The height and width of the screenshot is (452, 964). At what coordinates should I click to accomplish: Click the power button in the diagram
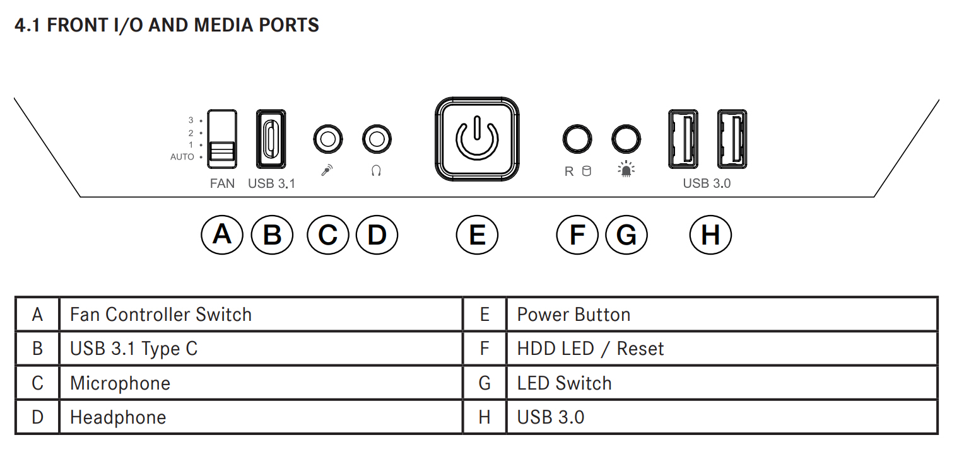477,139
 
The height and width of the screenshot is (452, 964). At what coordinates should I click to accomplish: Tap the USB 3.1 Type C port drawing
271,139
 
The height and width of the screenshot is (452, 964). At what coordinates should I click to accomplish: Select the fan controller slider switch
221,139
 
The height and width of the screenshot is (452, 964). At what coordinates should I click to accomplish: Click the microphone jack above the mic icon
328,139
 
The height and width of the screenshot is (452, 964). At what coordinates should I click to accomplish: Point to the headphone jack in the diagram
377,139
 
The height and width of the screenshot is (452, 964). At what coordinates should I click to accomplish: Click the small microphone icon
327,170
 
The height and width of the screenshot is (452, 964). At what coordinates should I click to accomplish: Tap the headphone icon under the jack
376,171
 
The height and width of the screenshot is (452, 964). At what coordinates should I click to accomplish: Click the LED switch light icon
626,169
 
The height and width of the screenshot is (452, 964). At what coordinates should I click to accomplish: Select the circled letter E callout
477,235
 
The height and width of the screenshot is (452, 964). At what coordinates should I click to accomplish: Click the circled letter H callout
710,235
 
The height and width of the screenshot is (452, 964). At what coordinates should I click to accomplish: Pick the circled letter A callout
222,235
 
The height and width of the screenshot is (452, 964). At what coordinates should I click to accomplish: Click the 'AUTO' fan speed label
182,157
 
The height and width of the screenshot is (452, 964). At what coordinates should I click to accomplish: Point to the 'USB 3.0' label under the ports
707,183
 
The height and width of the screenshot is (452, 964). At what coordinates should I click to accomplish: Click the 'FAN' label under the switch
222,183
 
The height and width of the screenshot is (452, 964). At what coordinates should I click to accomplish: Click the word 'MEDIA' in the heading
223,25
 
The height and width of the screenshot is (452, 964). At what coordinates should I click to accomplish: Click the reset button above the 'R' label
577,139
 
